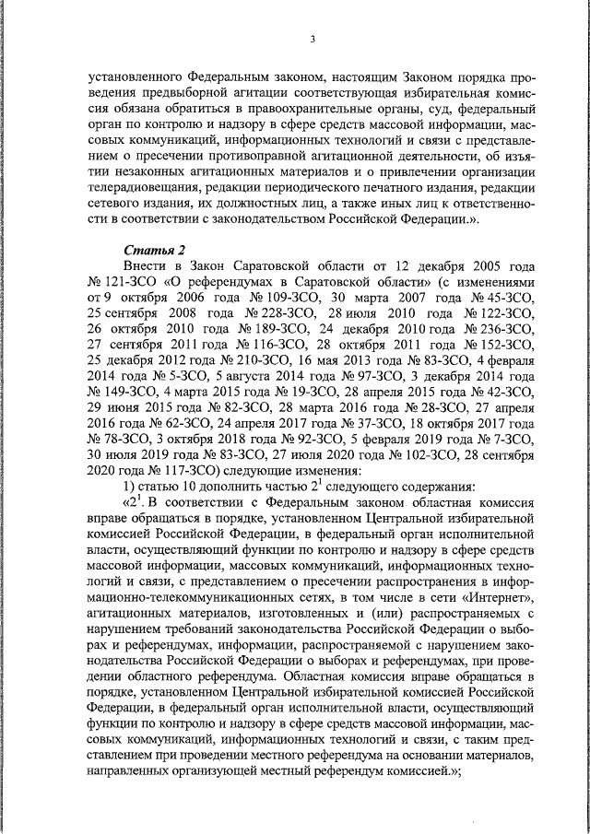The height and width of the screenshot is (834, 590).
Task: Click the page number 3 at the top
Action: tap(313, 38)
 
